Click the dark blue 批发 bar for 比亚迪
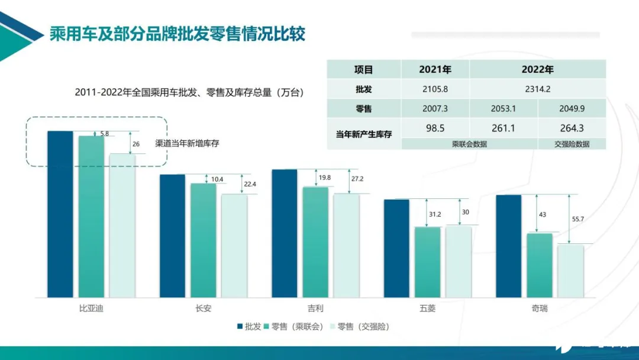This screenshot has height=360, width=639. pyautogui.click(x=60, y=214)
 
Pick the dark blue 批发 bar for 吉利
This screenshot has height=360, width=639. pyautogui.click(x=284, y=233)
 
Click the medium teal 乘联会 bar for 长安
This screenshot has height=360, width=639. pyautogui.click(x=203, y=240)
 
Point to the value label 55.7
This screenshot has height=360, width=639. pyautogui.click(x=577, y=219)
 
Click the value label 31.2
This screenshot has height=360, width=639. pyautogui.click(x=435, y=214)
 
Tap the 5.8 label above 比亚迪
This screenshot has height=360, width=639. pyautogui.click(x=104, y=134)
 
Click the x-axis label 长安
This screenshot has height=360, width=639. pyautogui.click(x=203, y=308)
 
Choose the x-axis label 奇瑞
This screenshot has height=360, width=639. pyautogui.click(x=540, y=308)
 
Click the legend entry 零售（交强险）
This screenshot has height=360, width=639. pyautogui.click(x=362, y=326)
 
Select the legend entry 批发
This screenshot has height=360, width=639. pyautogui.click(x=249, y=326)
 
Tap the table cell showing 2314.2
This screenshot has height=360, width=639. pyautogui.click(x=537, y=89)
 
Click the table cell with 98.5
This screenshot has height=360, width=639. pyautogui.click(x=435, y=128)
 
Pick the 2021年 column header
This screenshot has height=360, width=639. pyautogui.click(x=435, y=69)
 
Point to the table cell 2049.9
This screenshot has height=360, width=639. pyautogui.click(x=572, y=108)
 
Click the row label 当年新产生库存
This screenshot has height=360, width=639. pyautogui.click(x=363, y=134)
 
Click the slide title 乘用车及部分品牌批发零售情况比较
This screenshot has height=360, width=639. pyautogui.click(x=177, y=34)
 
